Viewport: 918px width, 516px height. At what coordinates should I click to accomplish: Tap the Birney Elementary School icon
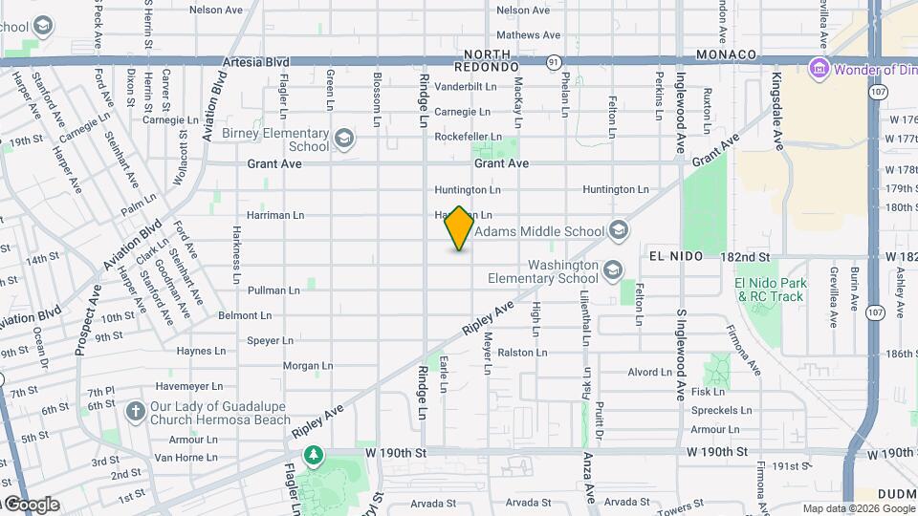click(x=344, y=140)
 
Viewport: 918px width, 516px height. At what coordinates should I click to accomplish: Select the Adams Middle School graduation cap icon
click(x=619, y=230)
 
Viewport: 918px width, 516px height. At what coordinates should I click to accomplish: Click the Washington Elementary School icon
click(x=612, y=271)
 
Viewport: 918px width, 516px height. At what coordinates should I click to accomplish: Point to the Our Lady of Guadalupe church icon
click(x=135, y=411)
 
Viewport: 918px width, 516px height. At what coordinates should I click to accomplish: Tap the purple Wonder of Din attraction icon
click(x=818, y=69)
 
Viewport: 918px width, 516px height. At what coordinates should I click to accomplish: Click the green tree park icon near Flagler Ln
click(x=313, y=455)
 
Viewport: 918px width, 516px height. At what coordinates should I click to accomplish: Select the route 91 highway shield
click(x=554, y=62)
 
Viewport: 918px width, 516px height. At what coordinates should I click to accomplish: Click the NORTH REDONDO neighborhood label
click(x=492, y=61)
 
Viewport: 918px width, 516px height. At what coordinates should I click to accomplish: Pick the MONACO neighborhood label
click(x=727, y=55)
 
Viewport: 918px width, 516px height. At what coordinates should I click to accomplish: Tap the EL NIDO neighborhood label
click(x=676, y=256)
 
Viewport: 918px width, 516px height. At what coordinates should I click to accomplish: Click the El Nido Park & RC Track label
click(x=771, y=290)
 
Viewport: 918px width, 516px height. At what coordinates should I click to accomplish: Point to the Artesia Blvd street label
click(x=254, y=61)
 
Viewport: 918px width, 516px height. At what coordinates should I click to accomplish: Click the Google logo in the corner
click(x=31, y=505)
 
